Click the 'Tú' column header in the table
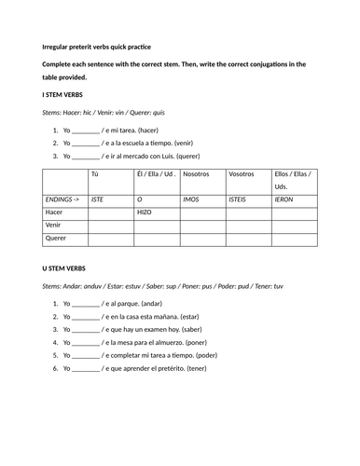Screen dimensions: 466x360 pyautogui.click(x=95, y=174)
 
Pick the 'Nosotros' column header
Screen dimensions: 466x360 pyautogui.click(x=197, y=174)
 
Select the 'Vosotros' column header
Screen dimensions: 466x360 pyautogui.click(x=242, y=174)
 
